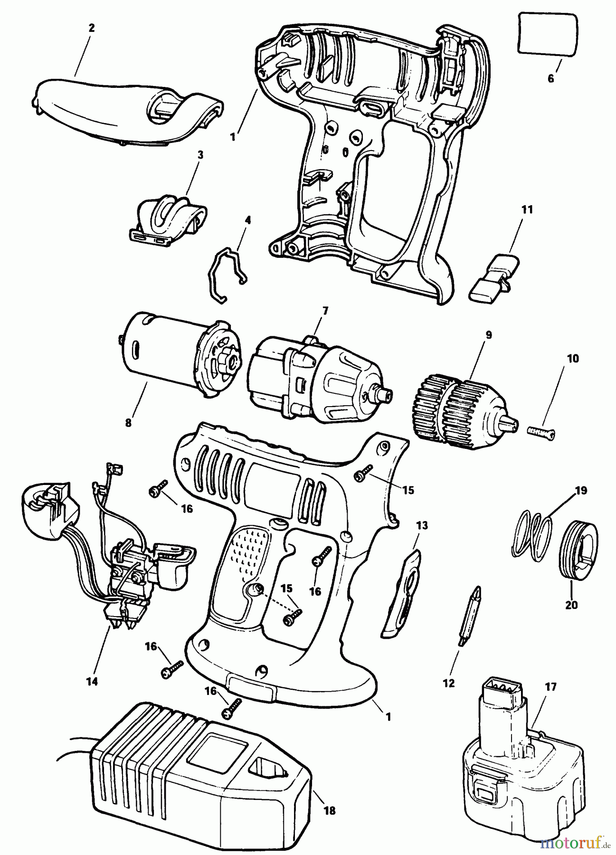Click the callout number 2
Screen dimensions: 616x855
coord(91,28)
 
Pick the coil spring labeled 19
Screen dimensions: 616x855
coord(533,532)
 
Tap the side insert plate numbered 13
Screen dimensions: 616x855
coord(401,594)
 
